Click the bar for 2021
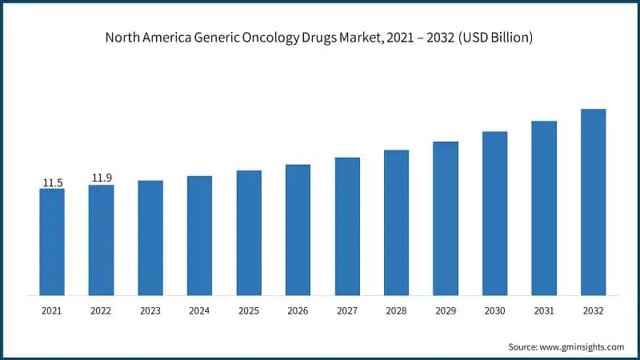tap(52, 242)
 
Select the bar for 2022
tap(101, 240)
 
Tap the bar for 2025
tap(249, 232)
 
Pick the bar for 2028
tap(396, 222)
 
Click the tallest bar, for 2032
tap(593, 202)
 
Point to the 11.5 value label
tap(52, 183)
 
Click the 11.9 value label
tap(101, 178)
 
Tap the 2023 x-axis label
tap(150, 310)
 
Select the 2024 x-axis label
tap(199, 310)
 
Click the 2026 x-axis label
tap(298, 310)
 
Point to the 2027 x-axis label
tap(347, 310)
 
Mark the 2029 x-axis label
tap(446, 310)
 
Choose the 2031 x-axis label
tap(544, 310)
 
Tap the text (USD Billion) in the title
tap(494, 38)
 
